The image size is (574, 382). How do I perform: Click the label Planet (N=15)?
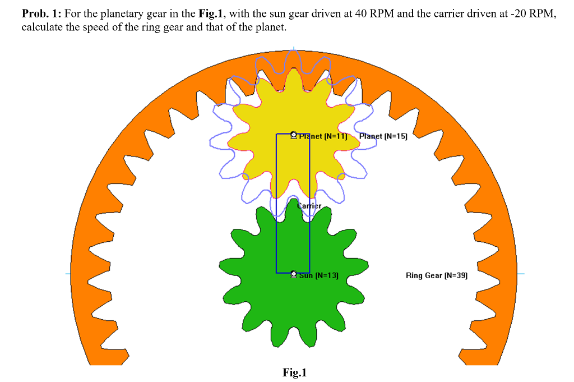[x=383, y=136]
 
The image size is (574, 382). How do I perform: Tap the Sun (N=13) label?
[x=318, y=275]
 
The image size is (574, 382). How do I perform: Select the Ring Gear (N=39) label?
[x=436, y=275]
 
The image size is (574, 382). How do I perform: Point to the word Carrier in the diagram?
[x=309, y=206]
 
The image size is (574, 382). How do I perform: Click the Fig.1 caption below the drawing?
[x=295, y=372]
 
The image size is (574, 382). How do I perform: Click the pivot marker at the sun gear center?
[x=294, y=274]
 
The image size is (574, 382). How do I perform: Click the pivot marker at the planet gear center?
[x=294, y=135]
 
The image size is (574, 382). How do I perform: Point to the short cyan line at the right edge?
[x=520, y=274]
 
